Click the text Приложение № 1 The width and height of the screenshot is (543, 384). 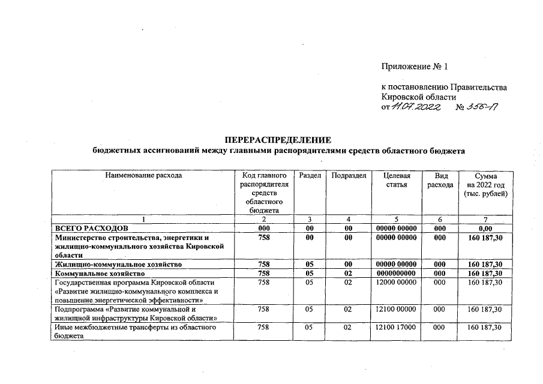pos(415,66)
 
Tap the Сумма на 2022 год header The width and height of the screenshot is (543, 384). pos(485,184)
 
